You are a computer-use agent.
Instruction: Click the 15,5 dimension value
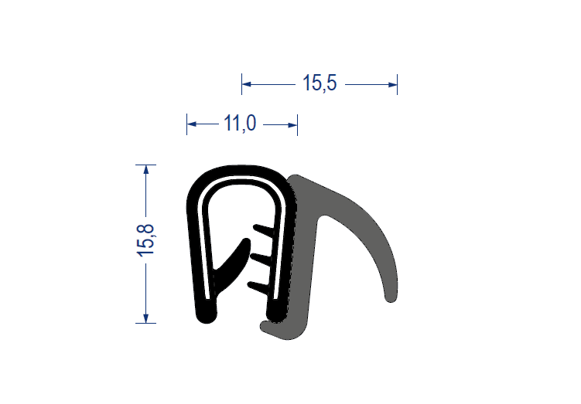point(320,83)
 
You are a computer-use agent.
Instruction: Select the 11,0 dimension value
point(240,123)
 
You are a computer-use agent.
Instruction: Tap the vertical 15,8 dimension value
point(145,240)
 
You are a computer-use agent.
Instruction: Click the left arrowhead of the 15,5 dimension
point(247,84)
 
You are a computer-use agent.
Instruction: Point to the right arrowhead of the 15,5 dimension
point(392,85)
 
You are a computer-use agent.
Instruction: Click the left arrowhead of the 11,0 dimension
point(192,124)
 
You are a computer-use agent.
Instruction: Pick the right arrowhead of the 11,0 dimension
point(292,125)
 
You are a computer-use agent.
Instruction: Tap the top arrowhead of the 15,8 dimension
point(146,169)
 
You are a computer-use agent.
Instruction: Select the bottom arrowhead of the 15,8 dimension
point(146,318)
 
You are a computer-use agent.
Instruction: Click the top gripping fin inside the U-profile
point(264,230)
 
